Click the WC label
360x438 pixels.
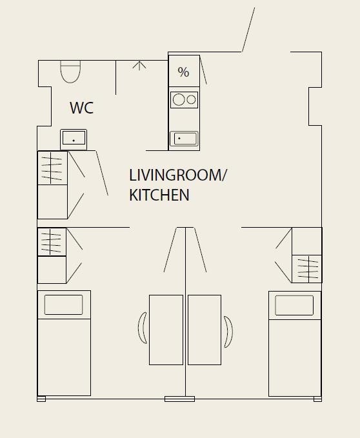pos(81,108)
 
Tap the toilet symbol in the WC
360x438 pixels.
pos(70,72)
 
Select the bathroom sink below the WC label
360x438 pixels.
pos(74,139)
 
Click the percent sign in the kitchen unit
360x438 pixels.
pos(183,72)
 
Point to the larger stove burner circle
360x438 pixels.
pos(179,100)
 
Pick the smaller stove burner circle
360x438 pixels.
pos(191,100)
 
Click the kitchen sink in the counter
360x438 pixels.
pos(184,139)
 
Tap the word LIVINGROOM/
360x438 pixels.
pos(178,175)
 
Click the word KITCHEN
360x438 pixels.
pos(159,195)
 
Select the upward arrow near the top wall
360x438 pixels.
pos(139,66)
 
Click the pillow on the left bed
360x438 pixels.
pos(63,304)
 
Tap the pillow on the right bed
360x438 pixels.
pos(294,305)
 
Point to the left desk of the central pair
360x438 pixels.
pos(166,330)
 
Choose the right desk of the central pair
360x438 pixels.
pos(205,330)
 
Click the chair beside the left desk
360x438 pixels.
pos(143,328)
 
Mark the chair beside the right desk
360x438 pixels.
pos(228,332)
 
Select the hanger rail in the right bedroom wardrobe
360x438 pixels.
pos(308,269)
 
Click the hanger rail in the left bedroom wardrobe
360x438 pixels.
pos(50,242)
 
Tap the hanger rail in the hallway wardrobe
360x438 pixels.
pos(51,168)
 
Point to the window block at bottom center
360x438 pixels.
pos(179,399)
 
